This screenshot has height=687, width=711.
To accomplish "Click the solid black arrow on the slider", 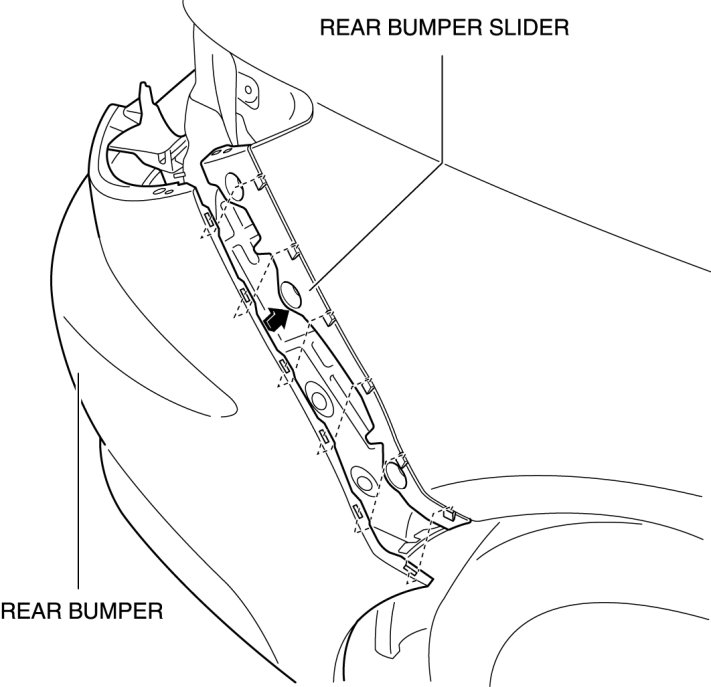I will coord(276,320).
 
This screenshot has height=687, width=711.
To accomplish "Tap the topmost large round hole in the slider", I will coord(230,184).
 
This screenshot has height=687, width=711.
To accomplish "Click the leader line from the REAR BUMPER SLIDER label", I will coord(441,150).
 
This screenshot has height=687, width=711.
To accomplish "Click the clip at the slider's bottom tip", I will coord(412,570).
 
